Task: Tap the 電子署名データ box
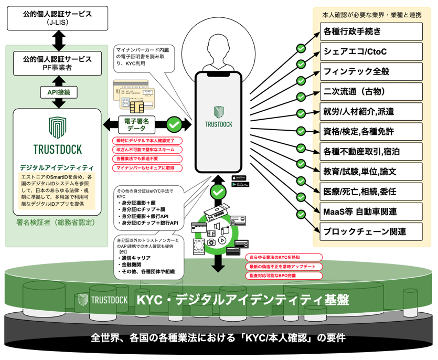click(135, 124)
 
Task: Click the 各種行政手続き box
click(371, 31)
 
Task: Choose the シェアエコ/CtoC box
click(371, 51)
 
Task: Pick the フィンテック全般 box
click(371, 71)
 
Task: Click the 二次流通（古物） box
click(371, 91)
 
